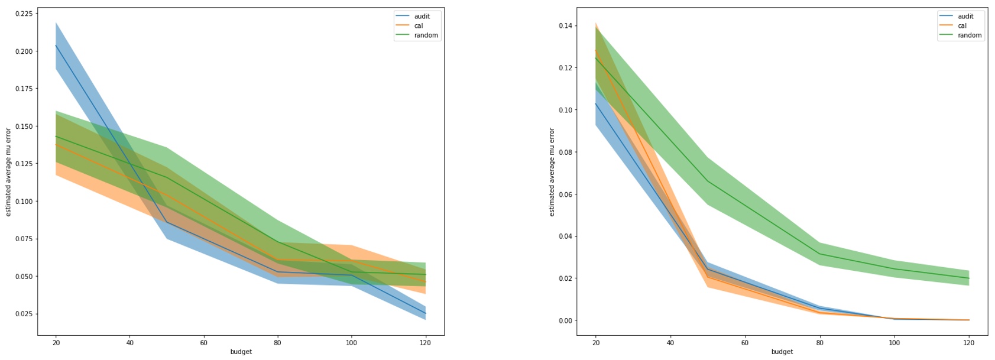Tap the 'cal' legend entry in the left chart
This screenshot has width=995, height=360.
[418, 26]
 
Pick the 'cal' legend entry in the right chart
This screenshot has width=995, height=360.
[962, 26]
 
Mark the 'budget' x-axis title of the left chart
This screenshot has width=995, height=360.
[241, 352]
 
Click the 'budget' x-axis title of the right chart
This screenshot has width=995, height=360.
[782, 352]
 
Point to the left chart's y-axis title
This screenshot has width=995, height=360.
[8, 171]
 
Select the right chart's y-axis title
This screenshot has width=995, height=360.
[552, 171]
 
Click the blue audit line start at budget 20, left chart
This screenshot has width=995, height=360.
[56, 46]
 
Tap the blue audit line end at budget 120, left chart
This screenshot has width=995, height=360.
[425, 313]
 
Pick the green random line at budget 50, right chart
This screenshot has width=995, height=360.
[708, 181]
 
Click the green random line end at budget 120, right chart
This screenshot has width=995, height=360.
[968, 278]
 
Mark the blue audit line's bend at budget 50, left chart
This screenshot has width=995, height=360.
[167, 222]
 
